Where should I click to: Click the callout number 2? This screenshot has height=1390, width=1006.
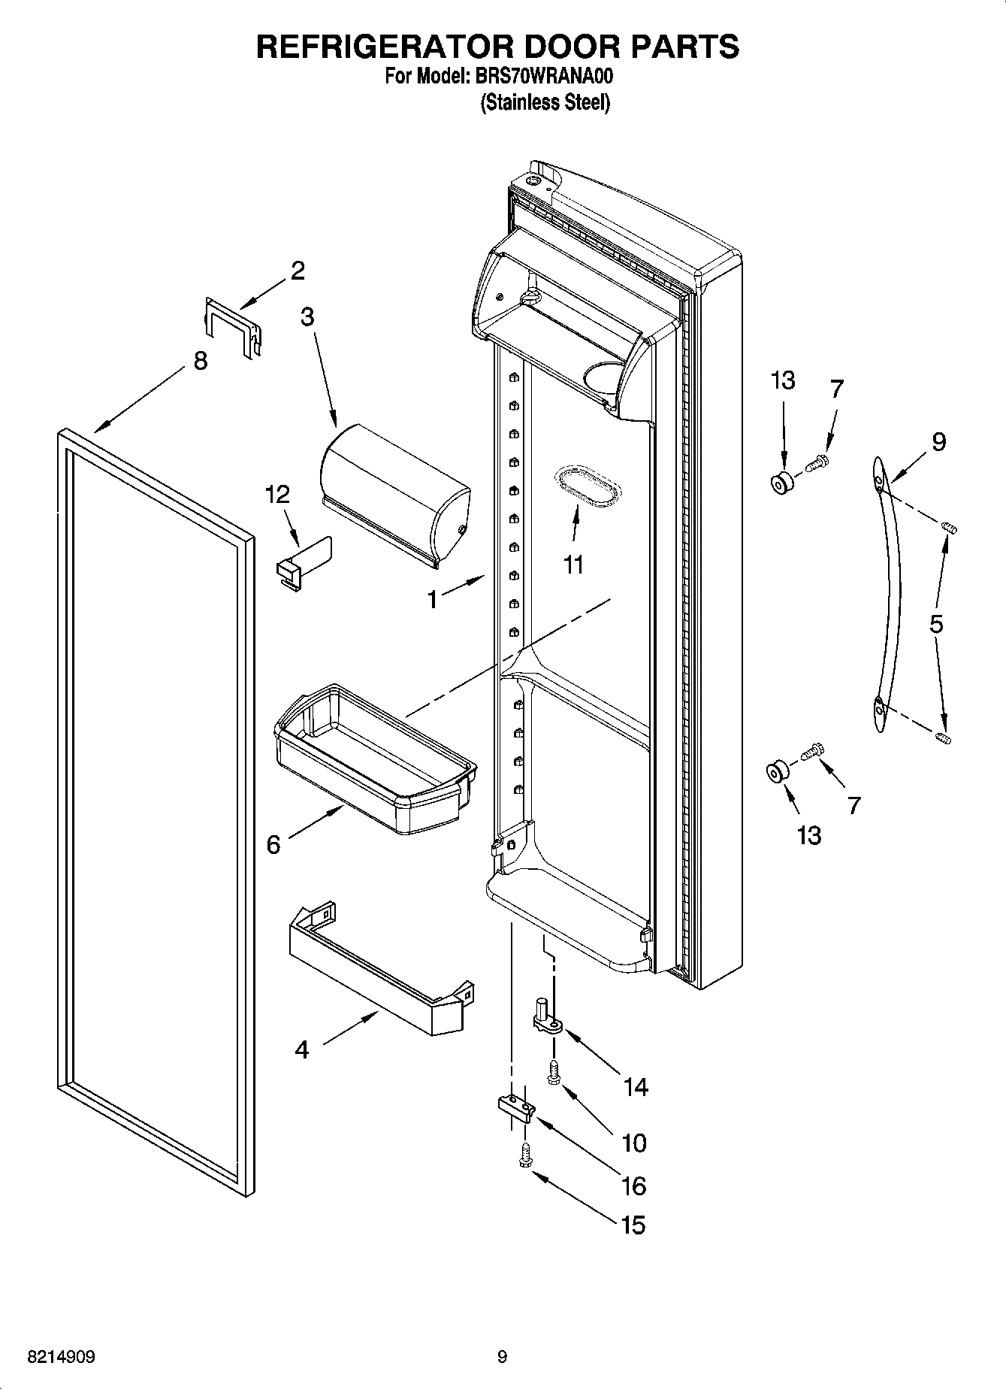click(x=298, y=271)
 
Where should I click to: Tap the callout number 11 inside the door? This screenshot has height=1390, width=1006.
click(x=573, y=564)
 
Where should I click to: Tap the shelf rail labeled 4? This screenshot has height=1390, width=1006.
click(x=379, y=970)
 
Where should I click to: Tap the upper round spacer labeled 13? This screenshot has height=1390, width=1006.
click(x=782, y=484)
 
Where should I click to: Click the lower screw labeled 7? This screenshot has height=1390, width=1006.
click(x=812, y=751)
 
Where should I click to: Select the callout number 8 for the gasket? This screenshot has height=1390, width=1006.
click(x=200, y=361)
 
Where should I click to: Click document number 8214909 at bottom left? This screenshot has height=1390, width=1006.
click(x=61, y=1357)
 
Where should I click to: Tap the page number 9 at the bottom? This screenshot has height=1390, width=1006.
click(x=502, y=1357)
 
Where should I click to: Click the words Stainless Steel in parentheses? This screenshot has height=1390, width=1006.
click(x=545, y=103)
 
